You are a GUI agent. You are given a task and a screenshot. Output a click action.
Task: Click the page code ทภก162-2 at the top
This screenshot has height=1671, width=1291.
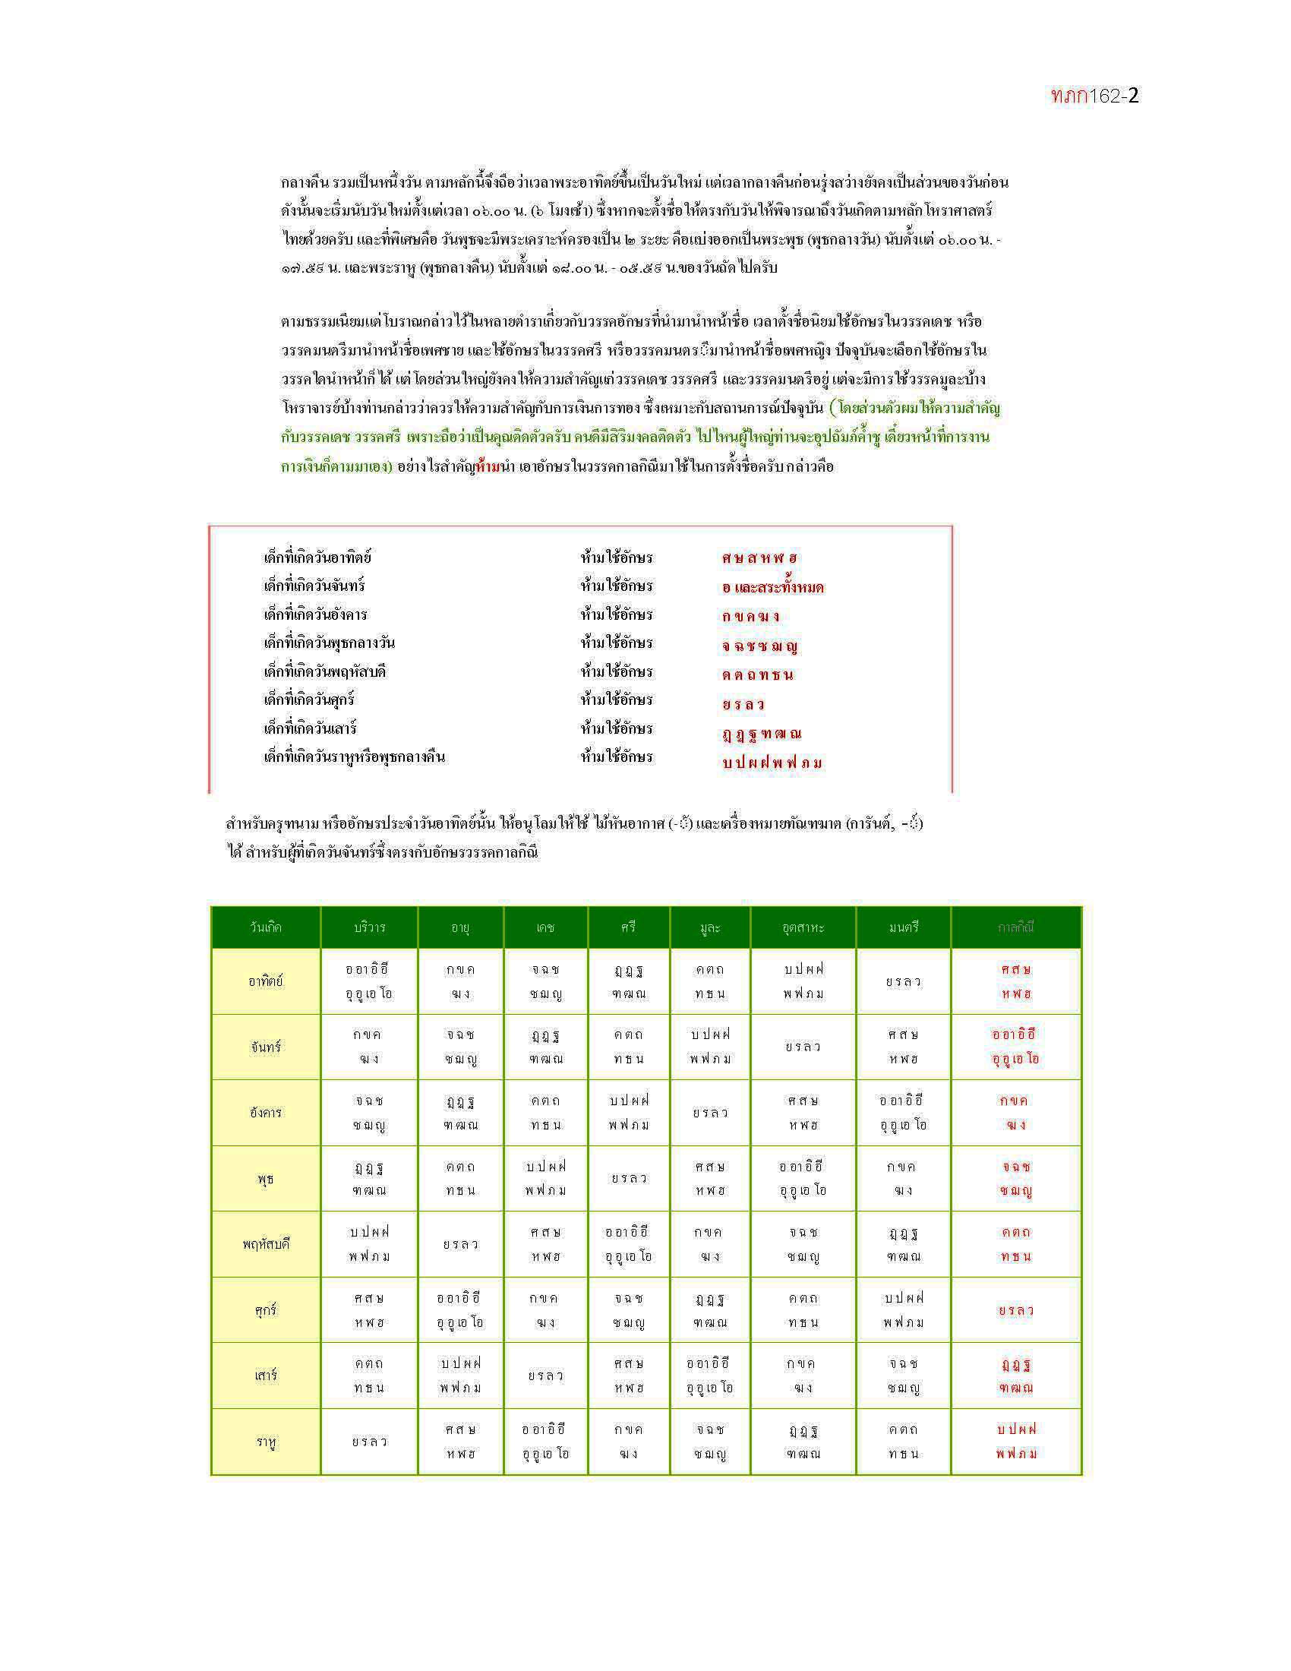pos(1094,96)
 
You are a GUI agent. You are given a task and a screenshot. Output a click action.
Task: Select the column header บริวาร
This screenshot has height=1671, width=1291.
pos(369,927)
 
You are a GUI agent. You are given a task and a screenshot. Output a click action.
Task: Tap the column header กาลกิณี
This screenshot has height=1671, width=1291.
pos(1015,927)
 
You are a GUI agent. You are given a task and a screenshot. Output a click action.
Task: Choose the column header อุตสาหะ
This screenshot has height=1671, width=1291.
pos(803,927)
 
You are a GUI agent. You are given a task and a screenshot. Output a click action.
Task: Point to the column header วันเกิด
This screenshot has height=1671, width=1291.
pos(265,927)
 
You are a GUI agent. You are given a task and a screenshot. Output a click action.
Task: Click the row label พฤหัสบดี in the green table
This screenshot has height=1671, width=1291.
pos(265,1244)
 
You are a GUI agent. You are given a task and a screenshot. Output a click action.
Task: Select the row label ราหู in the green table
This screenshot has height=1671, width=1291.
pos(265,1442)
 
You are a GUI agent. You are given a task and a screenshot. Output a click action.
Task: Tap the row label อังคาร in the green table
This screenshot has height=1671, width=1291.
pos(265,1113)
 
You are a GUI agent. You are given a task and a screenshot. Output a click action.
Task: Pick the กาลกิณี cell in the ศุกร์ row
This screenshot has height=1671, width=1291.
pos(1015,1310)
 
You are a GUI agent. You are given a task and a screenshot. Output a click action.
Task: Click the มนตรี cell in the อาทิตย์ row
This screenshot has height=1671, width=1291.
pos(903,981)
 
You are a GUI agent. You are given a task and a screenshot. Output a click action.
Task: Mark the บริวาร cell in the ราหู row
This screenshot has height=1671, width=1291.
pos(369,1442)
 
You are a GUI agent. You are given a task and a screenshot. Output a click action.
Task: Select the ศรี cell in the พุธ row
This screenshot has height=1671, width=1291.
pos(629,1178)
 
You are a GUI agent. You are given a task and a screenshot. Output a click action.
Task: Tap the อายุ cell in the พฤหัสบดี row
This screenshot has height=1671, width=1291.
pos(460,1244)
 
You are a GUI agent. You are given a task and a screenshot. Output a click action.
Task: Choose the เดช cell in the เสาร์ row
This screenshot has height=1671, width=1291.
pos(545,1376)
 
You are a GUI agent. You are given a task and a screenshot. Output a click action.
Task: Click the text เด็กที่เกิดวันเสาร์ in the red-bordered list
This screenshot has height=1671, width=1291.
pos(311,728)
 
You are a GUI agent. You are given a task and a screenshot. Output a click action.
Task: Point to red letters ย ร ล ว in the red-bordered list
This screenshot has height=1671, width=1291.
pos(743,704)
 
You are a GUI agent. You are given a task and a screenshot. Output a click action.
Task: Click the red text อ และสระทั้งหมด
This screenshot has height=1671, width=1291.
pos(772,588)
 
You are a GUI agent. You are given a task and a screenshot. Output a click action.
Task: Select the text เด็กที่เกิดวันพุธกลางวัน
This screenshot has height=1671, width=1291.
pos(329,643)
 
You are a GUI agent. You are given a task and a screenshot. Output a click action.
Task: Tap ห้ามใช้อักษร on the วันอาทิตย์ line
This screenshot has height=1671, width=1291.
pos(617,557)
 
